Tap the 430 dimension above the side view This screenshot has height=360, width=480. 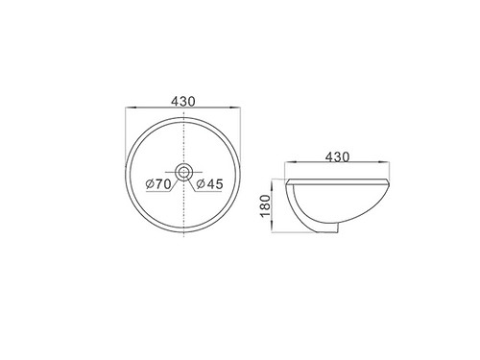(339, 157)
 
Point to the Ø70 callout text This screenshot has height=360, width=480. (157, 181)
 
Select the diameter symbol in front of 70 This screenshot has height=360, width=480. (148, 181)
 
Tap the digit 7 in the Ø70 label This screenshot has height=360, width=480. (156, 181)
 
